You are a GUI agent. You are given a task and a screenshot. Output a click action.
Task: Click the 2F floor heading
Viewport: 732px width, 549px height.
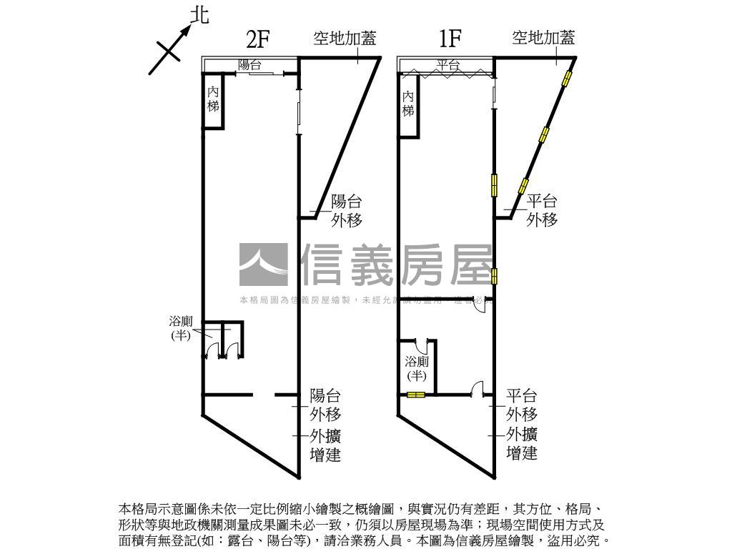coord(257,38)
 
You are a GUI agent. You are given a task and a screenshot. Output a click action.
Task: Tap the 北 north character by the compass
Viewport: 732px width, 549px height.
coord(201,15)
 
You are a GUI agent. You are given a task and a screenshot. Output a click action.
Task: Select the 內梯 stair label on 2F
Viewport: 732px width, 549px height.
coord(213,99)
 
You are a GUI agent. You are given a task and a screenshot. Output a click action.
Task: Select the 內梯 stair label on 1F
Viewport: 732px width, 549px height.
coord(408,104)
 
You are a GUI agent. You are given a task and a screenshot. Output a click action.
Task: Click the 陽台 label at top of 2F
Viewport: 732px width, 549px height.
coord(250,65)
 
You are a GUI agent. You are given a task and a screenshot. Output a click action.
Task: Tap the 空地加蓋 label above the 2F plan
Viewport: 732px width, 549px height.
coord(345,38)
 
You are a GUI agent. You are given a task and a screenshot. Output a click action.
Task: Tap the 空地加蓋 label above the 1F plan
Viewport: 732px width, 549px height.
coord(543,38)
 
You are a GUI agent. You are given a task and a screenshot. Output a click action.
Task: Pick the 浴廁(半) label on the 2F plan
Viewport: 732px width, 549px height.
coord(180,328)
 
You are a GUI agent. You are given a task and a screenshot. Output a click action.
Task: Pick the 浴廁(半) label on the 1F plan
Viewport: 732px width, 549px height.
coord(416,367)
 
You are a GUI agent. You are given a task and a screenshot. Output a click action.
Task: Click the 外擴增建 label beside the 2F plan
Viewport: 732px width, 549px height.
coord(325,445)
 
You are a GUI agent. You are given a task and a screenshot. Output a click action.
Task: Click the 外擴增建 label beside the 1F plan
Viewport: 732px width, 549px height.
coord(522,443)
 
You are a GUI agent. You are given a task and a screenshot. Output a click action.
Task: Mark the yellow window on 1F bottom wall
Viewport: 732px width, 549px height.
coord(416,395)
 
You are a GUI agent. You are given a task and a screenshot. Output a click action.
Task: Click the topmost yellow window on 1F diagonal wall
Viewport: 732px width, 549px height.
coord(568,78)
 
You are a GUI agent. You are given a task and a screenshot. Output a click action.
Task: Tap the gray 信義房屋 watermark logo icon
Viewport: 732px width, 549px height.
coord(264,265)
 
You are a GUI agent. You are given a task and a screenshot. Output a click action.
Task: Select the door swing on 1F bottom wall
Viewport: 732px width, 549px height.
coord(478,388)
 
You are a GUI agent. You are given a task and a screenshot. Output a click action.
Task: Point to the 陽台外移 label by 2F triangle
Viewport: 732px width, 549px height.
coord(347,211)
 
